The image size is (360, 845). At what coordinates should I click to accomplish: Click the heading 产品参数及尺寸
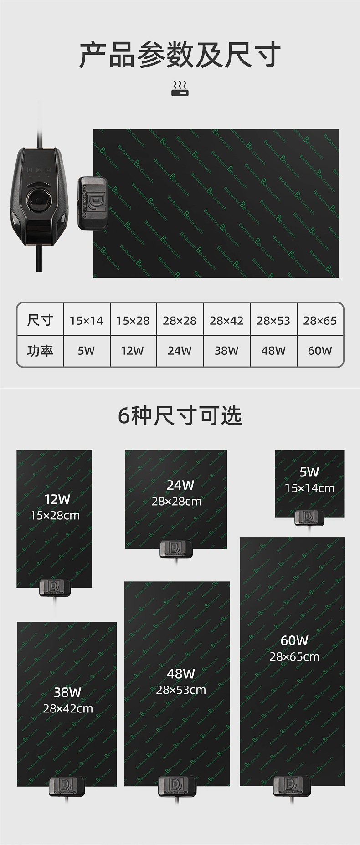(180, 55)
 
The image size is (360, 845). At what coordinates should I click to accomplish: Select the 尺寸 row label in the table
(40, 320)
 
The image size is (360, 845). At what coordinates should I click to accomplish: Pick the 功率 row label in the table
(40, 351)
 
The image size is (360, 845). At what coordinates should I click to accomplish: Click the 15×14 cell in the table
(87, 321)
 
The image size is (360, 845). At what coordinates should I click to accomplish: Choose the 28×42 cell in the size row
(226, 321)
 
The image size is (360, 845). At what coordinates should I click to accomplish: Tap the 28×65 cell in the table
(320, 321)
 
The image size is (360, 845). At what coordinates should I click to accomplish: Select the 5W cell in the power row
(87, 351)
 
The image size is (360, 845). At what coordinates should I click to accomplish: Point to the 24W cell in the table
(180, 351)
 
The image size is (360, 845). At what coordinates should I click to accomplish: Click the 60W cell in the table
(320, 351)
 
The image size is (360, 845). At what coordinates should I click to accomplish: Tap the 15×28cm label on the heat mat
(55, 516)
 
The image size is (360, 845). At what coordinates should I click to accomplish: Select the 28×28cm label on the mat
(176, 502)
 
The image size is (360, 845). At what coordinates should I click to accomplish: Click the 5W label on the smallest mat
(309, 472)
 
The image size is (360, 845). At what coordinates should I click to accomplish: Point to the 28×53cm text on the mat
(181, 690)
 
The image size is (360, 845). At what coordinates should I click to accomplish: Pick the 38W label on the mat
(67, 692)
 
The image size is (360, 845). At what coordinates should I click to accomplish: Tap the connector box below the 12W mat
(54, 587)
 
